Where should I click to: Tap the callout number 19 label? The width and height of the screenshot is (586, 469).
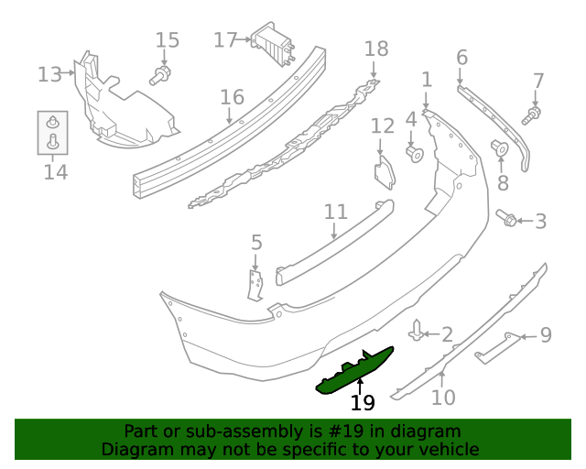tap(363, 402)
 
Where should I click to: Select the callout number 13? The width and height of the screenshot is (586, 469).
tap(49, 73)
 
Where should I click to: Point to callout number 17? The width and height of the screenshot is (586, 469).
tap(225, 39)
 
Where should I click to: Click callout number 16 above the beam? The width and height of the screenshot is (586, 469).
tap(232, 97)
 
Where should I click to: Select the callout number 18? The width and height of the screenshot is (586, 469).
tap(376, 49)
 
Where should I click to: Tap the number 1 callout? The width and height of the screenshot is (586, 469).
tap(427, 80)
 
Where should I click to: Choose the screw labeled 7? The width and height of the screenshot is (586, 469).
tap(532, 115)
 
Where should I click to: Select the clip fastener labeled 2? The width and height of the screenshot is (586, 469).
tap(418, 331)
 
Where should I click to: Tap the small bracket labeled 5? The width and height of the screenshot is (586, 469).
tap(255, 284)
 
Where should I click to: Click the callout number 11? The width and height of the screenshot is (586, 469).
tap(336, 212)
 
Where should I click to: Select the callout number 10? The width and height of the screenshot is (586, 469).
tap(443, 398)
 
